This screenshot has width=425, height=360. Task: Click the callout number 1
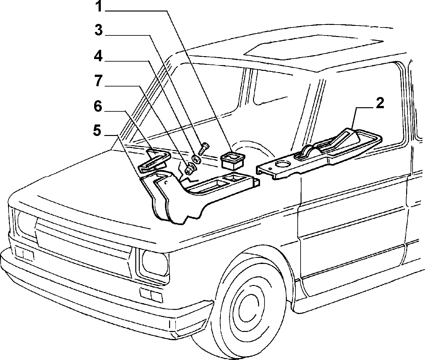coord(99,7)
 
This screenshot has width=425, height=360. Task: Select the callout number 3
coord(99,30)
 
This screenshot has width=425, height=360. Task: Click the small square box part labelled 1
coord(232,160)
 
